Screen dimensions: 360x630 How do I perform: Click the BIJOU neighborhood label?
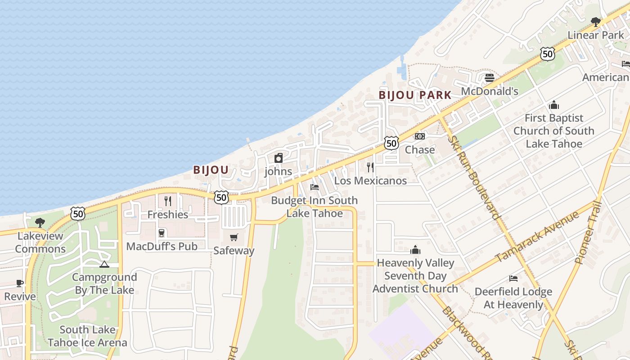(x=211, y=170)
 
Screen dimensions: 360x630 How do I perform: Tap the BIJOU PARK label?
(x=414, y=95)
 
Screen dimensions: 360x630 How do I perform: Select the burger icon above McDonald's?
(x=490, y=78)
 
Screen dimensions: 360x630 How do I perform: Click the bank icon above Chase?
(x=419, y=136)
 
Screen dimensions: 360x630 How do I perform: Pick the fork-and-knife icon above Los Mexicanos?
(x=370, y=167)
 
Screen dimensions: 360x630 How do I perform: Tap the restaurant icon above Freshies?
(x=168, y=201)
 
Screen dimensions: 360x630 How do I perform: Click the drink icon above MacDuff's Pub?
(x=162, y=233)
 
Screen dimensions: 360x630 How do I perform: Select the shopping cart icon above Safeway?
(x=234, y=237)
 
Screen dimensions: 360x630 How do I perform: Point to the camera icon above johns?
(x=279, y=158)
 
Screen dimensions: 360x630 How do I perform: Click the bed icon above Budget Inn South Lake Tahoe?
(x=315, y=187)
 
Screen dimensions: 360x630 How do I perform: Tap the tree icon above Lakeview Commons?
(x=40, y=222)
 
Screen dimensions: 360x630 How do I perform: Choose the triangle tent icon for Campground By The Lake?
(x=104, y=264)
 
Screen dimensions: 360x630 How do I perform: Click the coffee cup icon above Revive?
(x=20, y=283)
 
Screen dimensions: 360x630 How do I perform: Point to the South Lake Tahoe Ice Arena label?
(x=87, y=336)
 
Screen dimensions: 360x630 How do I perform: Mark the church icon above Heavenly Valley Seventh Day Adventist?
(x=415, y=249)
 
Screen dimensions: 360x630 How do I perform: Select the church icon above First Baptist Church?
(x=554, y=105)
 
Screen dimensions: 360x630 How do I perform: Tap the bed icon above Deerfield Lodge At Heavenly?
(x=513, y=279)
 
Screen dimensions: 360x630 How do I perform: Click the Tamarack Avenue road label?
(x=537, y=236)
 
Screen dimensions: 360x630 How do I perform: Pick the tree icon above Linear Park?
(x=596, y=22)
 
